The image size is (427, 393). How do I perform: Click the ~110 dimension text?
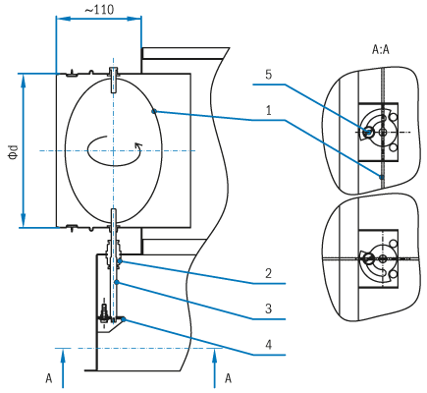point(99,10)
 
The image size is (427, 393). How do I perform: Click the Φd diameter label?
point(14,151)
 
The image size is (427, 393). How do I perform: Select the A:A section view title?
point(381,49)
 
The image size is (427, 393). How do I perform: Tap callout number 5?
point(268,75)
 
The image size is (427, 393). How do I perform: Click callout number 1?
point(269,111)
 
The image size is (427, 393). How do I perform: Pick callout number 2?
point(268,273)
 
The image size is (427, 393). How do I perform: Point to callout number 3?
point(268,309)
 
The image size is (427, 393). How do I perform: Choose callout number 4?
point(268,345)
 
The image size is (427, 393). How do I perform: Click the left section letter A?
point(49,378)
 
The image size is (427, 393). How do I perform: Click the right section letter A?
point(228,378)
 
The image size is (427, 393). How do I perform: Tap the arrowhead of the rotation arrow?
point(138,146)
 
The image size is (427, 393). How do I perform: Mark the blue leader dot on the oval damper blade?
point(154,112)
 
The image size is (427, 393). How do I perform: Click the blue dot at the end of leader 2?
point(120,260)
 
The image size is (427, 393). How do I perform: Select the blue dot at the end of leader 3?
point(116,282)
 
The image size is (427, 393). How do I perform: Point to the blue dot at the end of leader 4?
point(124,319)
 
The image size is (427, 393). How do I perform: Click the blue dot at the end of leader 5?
point(367,133)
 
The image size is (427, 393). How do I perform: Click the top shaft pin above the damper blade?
point(113,81)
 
